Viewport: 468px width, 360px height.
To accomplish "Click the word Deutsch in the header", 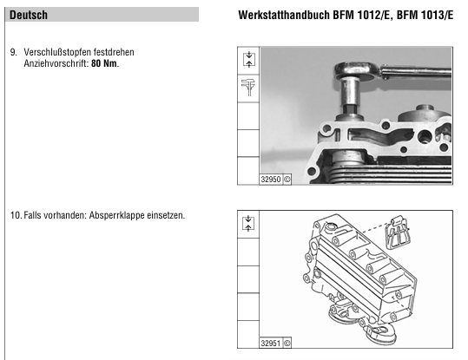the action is (29, 15).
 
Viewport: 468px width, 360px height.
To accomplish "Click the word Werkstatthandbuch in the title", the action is (284, 15).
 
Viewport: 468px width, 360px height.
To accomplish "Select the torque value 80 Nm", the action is (104, 63).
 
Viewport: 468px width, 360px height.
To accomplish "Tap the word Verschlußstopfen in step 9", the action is (57, 52).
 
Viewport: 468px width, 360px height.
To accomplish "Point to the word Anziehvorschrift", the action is (56, 63).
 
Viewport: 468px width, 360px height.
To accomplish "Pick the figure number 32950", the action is (271, 180).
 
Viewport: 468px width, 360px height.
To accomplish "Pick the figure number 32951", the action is (271, 344).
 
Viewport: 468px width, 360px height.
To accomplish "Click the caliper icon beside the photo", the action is (248, 87).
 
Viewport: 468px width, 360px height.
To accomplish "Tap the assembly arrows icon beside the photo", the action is (248, 59).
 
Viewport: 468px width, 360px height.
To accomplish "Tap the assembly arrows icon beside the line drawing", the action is (248, 224).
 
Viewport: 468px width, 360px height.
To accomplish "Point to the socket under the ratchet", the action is (350, 95).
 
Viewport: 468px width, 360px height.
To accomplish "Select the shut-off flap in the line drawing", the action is (398, 232).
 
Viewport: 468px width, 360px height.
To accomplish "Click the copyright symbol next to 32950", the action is (287, 180).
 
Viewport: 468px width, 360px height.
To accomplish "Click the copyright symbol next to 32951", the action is (287, 344).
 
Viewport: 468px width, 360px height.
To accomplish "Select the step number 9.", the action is (13, 52).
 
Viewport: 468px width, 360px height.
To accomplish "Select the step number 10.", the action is (16, 215).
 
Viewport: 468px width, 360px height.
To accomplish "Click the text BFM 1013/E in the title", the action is (425, 15).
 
